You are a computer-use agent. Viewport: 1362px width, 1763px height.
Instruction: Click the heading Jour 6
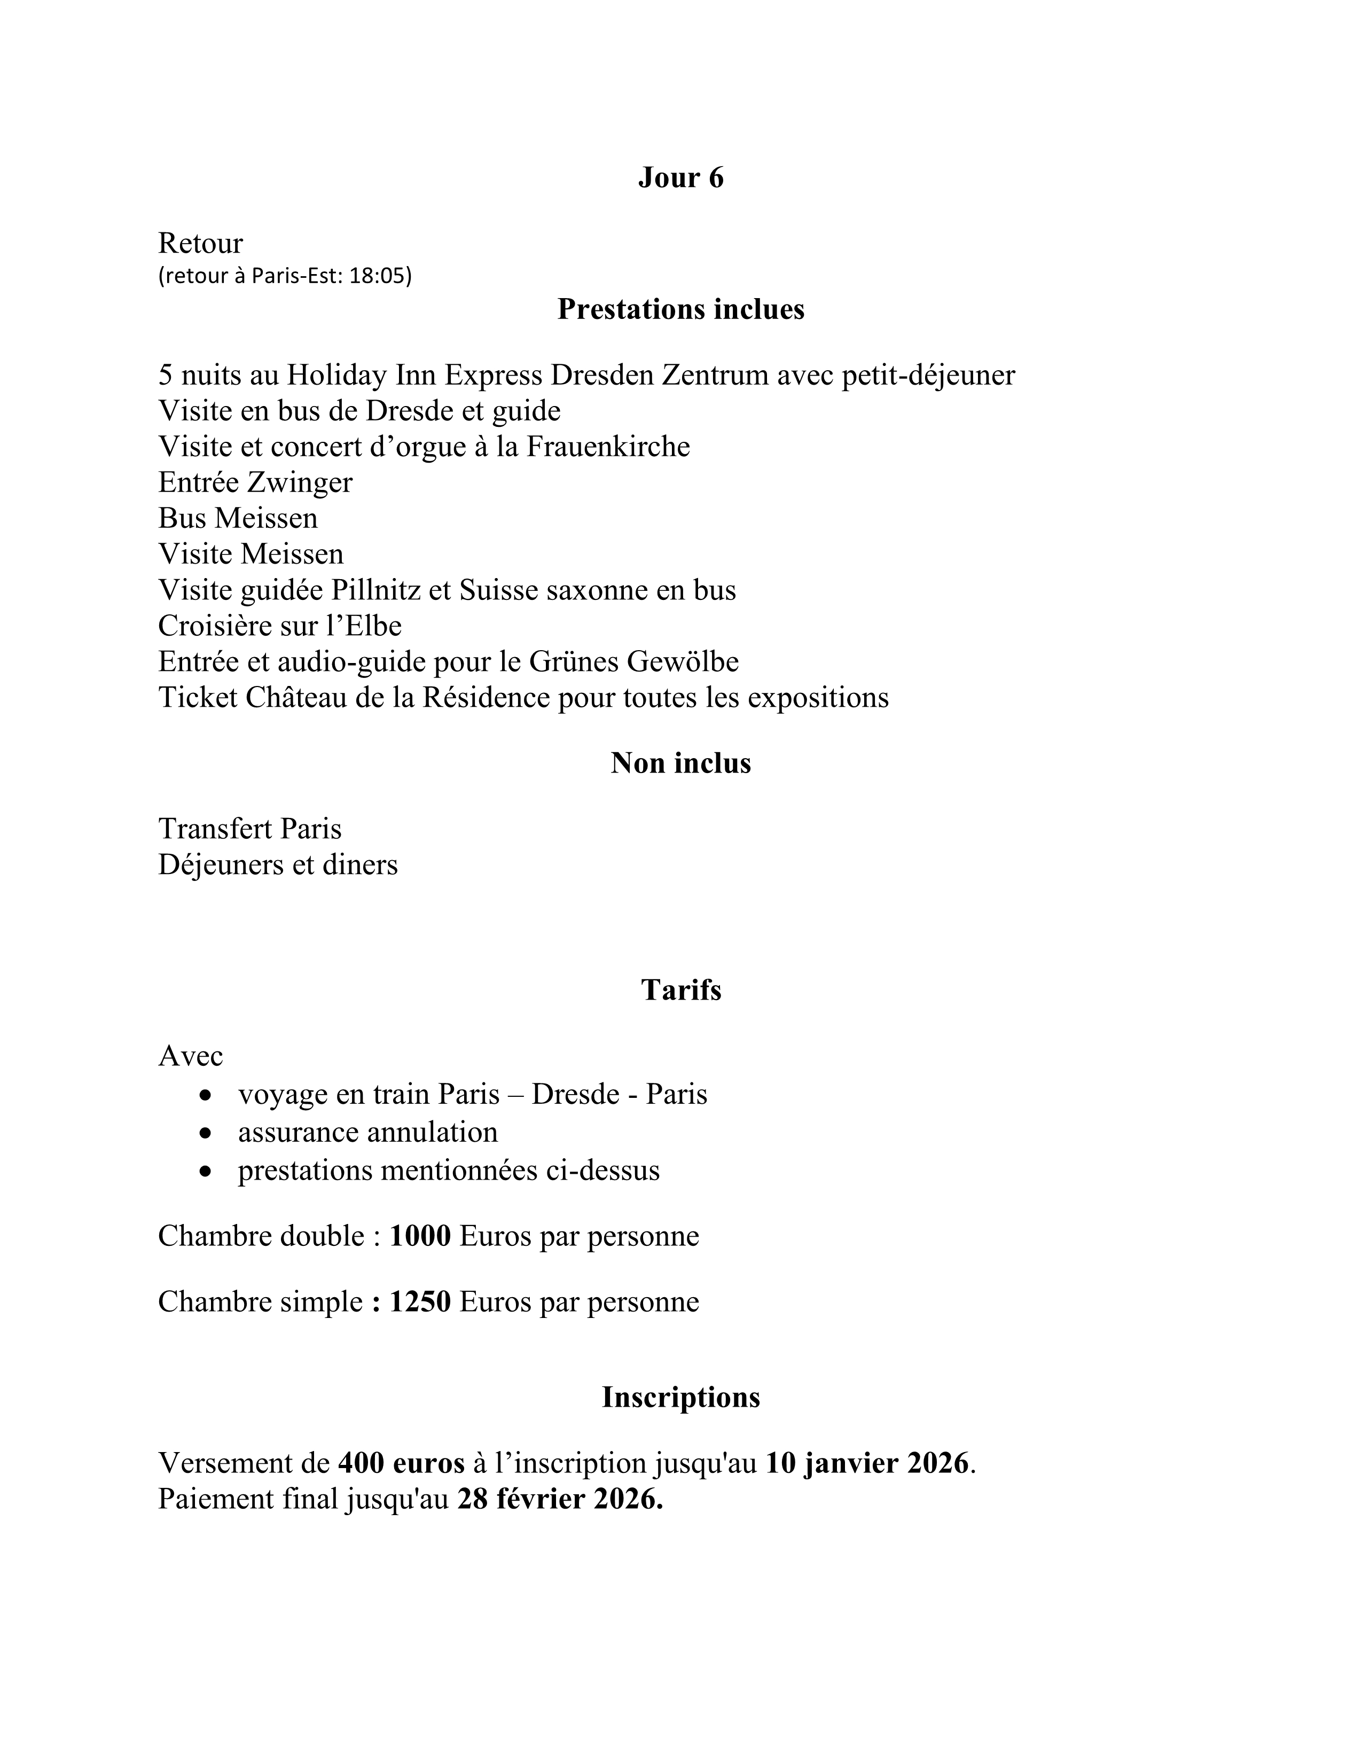pyautogui.click(x=680, y=177)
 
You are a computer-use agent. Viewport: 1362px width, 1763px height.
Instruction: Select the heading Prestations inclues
pyautogui.click(x=680, y=309)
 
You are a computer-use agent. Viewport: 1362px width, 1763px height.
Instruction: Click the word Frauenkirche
pyautogui.click(x=608, y=447)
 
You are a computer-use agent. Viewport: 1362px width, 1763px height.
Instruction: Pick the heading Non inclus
pyautogui.click(x=680, y=763)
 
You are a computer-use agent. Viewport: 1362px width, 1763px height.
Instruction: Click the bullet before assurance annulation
pyautogui.click(x=207, y=1133)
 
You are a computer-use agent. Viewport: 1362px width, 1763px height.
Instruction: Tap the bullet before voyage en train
pyautogui.click(x=207, y=1095)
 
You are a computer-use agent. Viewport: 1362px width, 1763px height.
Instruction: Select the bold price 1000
pyautogui.click(x=420, y=1236)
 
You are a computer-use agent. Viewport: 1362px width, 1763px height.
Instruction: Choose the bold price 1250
pyautogui.click(x=420, y=1302)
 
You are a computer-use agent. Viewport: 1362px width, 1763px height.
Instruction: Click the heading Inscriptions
pyautogui.click(x=680, y=1398)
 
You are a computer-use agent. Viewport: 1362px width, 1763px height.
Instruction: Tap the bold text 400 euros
pyautogui.click(x=401, y=1463)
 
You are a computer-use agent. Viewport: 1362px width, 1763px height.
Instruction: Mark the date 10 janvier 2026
pyautogui.click(x=866, y=1463)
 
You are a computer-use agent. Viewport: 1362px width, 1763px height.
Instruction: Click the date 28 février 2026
pyautogui.click(x=560, y=1499)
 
